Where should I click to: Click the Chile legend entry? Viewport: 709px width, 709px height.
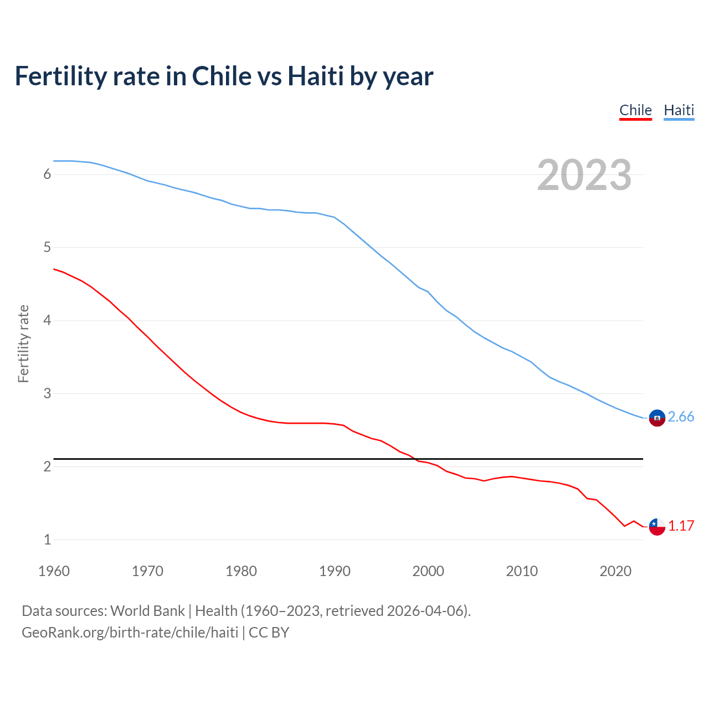pos(635,110)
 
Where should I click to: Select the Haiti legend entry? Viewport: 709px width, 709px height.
pos(679,110)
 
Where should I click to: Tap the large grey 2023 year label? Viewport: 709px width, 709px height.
pos(584,175)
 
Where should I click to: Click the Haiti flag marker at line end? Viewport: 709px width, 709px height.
pos(657,418)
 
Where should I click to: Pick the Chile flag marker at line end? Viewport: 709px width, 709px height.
pos(657,527)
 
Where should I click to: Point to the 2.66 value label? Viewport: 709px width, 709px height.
pos(681,417)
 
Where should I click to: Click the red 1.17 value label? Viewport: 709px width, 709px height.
pos(681,526)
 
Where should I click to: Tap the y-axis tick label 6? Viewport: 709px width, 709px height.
pos(47,174)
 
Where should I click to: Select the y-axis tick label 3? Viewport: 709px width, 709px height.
pos(47,394)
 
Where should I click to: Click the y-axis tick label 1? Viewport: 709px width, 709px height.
pos(47,540)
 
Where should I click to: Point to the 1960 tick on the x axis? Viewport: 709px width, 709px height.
pos(54,571)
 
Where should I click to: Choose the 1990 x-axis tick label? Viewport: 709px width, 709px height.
pos(335,571)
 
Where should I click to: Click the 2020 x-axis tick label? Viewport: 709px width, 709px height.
pos(615,571)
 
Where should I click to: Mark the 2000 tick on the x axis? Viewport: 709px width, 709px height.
pos(428,571)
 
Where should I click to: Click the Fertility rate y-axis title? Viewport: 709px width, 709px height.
pos(23,343)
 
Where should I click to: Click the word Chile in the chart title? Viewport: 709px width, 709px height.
pos(220,76)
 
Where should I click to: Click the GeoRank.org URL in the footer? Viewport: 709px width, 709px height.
pos(130,633)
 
